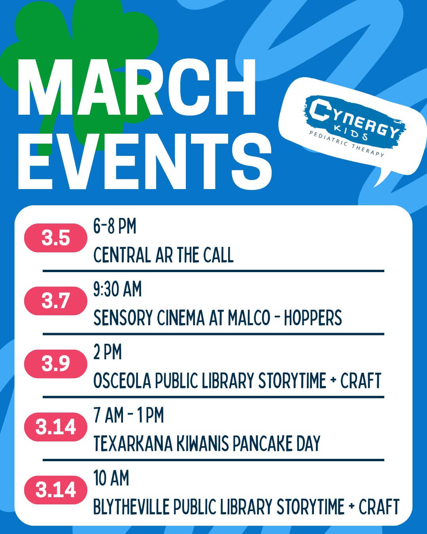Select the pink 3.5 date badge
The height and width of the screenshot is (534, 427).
pyautogui.click(x=56, y=238)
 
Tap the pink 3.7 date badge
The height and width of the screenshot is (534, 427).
pyautogui.click(x=56, y=301)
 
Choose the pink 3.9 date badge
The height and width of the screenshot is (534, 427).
pyautogui.click(x=56, y=364)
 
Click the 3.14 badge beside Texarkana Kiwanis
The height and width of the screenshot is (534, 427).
pyautogui.click(x=56, y=427)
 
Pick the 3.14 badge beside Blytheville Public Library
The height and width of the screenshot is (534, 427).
pyautogui.click(x=56, y=490)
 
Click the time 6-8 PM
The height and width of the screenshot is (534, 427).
pyautogui.click(x=115, y=227)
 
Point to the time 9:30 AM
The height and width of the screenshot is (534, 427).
pyautogui.click(x=117, y=289)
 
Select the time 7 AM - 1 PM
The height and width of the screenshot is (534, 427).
pyautogui.click(x=128, y=415)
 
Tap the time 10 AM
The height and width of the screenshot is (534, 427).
pyautogui.click(x=111, y=478)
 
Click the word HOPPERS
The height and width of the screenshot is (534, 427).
pyautogui.click(x=313, y=318)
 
